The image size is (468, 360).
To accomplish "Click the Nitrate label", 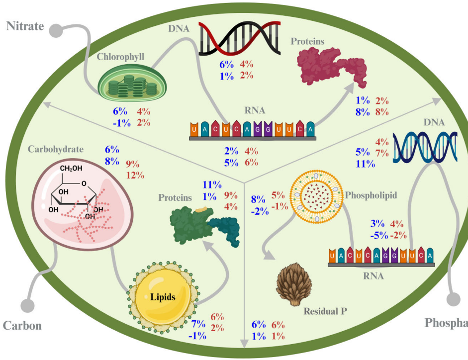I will coord(24,25).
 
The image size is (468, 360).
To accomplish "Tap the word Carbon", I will coord(22,326).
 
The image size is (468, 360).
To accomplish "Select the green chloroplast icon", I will coord(127,82).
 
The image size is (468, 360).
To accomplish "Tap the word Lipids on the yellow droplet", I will coord(163,297).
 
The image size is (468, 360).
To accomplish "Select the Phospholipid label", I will coord(371,195).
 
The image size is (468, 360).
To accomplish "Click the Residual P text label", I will coord(325,311).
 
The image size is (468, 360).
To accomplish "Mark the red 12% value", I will coord(135,175).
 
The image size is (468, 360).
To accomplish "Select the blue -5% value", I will coord(378,235).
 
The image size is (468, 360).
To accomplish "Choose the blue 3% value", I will coord(378,224).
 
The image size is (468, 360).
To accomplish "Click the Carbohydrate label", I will coord(56,149).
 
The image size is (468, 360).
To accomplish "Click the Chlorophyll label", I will coord(120,57).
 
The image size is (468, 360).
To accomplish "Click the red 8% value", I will coord(382,112).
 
